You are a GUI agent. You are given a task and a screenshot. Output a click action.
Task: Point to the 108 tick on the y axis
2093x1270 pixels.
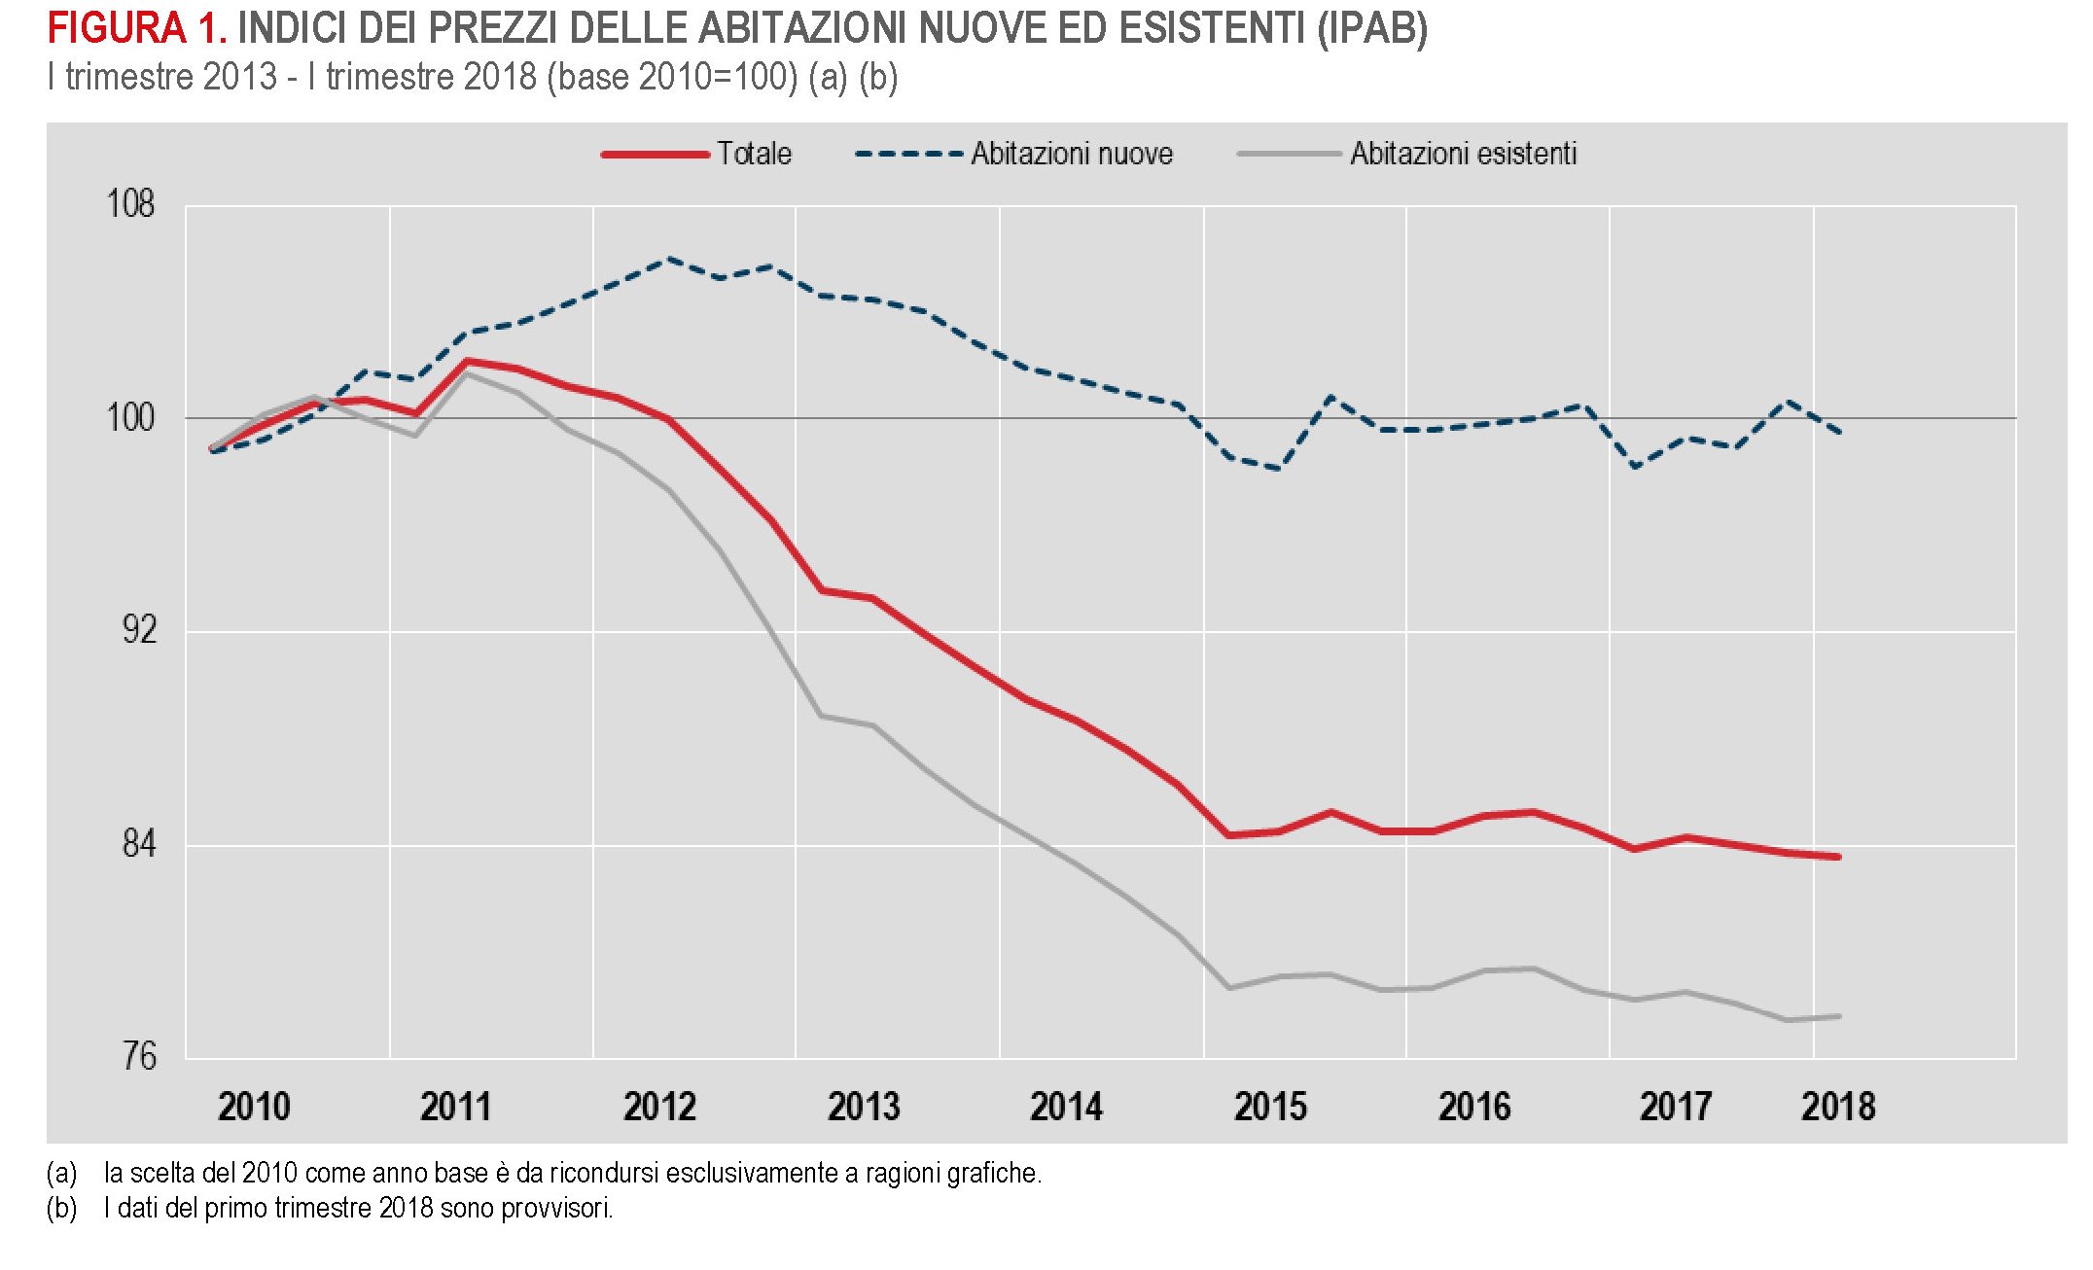click(x=130, y=204)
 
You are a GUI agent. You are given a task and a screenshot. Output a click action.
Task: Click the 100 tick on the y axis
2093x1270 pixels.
click(x=130, y=417)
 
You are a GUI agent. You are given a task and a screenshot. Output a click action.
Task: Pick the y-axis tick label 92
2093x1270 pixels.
click(x=138, y=630)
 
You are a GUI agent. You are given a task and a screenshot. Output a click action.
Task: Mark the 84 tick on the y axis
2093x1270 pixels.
click(x=138, y=843)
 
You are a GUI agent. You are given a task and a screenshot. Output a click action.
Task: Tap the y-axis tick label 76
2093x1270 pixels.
click(x=138, y=1056)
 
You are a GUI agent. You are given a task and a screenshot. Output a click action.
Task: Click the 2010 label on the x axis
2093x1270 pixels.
click(x=254, y=1107)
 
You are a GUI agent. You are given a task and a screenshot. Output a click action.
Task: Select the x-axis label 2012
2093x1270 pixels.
click(x=659, y=1107)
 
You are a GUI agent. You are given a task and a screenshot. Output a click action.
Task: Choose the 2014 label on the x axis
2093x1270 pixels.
click(x=1066, y=1107)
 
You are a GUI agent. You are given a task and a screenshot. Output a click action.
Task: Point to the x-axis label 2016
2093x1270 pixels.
click(x=1473, y=1107)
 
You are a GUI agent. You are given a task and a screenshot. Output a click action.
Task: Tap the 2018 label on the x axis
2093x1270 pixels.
click(x=1837, y=1107)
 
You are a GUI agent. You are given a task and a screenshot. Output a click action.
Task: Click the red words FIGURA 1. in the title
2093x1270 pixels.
click(x=137, y=29)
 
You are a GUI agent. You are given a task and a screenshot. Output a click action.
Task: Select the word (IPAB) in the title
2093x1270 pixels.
click(x=1371, y=29)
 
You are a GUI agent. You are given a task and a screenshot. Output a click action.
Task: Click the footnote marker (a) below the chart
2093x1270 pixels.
click(x=61, y=1173)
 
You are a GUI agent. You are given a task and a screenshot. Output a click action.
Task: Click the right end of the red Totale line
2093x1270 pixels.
click(x=1838, y=857)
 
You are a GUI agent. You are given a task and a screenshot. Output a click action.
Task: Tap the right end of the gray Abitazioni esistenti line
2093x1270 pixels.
click(x=1838, y=1016)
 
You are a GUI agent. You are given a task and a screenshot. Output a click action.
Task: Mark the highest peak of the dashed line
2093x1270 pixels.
click(x=669, y=259)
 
